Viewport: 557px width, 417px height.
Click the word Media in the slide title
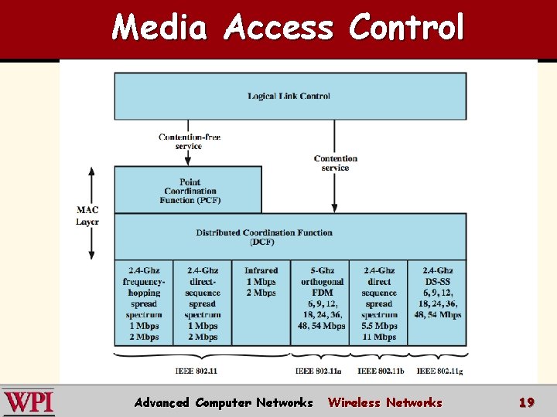pos(159,28)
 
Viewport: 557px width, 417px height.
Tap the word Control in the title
pos(406,28)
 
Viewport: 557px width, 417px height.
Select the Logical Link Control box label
pos(289,96)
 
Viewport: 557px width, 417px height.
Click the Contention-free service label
pos(190,141)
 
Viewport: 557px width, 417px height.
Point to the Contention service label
pos(335,163)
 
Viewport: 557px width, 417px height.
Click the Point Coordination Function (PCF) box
pos(190,191)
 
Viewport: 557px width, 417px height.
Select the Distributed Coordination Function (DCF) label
pos(264,236)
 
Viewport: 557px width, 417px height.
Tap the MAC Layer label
pos(87,215)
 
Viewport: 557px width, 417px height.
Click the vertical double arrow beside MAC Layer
pos(91,213)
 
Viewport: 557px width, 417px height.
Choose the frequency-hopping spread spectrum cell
pos(144,303)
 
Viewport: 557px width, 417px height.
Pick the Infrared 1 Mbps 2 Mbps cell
pos(261,282)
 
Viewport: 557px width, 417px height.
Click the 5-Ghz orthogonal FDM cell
pos(321,298)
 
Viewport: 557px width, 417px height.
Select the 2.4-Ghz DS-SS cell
pos(438,293)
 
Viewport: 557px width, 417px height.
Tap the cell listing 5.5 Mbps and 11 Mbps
pos(379,303)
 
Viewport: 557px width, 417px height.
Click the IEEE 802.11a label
pos(317,371)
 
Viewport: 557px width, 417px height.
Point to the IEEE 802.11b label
pos(379,371)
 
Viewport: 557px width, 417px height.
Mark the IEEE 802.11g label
pos(438,371)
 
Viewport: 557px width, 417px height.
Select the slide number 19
pos(527,402)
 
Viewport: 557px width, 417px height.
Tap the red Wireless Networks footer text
pos(384,402)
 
